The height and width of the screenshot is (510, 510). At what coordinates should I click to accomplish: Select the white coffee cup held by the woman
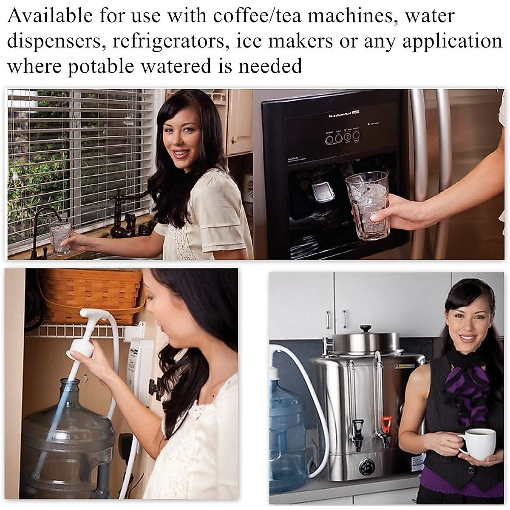pos(479,443)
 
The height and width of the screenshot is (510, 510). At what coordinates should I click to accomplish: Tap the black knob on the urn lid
pos(365,329)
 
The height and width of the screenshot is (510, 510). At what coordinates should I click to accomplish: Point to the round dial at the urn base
pos(367,467)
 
